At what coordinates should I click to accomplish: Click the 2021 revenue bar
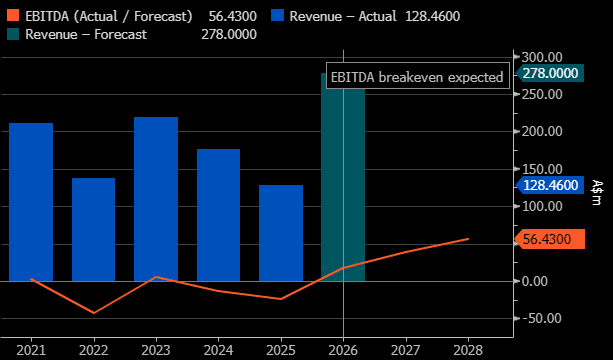click(31, 202)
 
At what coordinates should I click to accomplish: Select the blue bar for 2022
click(93, 229)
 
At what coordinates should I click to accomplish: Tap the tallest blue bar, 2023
click(156, 199)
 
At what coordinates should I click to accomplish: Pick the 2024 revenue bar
click(218, 215)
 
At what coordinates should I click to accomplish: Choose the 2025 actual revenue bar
click(281, 233)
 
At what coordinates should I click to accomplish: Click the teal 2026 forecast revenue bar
click(343, 177)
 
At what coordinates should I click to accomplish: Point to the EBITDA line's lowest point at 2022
click(94, 313)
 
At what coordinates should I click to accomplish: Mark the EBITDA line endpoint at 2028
click(468, 239)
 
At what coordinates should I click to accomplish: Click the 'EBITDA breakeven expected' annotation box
click(418, 75)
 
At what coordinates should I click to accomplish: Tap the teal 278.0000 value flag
click(550, 73)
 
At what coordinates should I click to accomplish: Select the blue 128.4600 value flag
click(550, 185)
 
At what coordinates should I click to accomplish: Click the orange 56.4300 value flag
click(550, 239)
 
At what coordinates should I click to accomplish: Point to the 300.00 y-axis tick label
click(543, 57)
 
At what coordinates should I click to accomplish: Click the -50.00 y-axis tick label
click(541, 318)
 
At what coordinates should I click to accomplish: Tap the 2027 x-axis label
click(406, 349)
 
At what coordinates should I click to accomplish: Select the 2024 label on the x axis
click(218, 349)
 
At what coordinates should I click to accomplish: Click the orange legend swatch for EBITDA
click(13, 16)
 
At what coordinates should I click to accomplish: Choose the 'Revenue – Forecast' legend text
click(86, 34)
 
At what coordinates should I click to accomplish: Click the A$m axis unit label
click(595, 192)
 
